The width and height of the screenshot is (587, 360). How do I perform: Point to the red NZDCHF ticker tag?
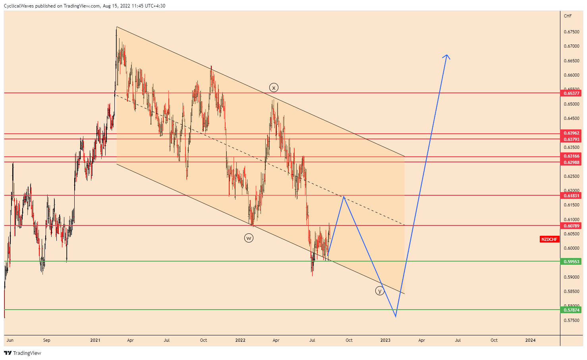tap(549, 239)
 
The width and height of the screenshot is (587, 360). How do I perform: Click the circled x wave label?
tap(273, 88)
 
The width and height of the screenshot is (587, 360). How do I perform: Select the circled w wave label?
tap(249, 238)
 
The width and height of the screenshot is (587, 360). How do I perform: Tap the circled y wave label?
tap(380, 291)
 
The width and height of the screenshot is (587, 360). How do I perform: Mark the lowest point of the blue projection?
tap(396, 316)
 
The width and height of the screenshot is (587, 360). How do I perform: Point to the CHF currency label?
tap(568, 16)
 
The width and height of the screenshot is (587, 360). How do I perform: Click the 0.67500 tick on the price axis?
tap(571, 32)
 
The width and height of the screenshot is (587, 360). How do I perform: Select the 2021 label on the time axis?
tap(95, 340)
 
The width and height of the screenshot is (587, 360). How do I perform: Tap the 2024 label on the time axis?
tap(530, 340)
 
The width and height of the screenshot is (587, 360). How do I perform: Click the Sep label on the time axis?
tap(46, 340)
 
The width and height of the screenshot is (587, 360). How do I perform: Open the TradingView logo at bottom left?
tap(23, 353)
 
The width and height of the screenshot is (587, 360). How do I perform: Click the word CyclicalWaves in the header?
tap(18, 6)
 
